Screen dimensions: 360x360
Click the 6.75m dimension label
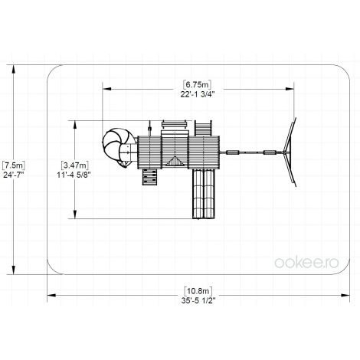tap(197, 84)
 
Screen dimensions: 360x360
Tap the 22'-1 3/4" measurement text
tap(197, 94)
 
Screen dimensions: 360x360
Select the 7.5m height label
tap(14, 165)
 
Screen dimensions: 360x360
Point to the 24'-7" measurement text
tap(14, 175)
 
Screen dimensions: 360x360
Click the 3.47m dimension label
tap(74, 165)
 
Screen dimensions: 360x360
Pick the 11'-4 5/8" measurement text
tap(74, 175)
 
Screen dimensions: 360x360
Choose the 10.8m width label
tap(198, 291)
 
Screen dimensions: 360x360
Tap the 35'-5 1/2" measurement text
tap(198, 301)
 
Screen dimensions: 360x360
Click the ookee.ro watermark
tap(306, 263)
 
